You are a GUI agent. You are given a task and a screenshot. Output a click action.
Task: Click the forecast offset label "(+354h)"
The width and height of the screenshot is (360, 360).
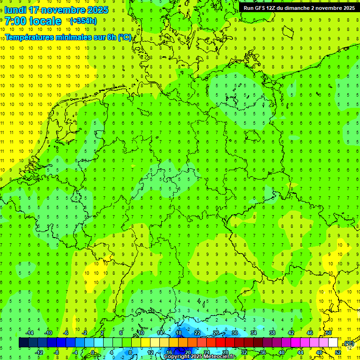click(x=83, y=21)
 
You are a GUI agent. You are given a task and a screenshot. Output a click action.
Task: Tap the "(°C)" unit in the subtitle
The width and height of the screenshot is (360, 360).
click(x=124, y=37)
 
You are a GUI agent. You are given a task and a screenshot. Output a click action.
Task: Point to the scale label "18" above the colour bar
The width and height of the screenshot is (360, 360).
click(x=178, y=333)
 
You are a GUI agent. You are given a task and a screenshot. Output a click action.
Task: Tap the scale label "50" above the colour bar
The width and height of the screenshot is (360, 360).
click(x=329, y=333)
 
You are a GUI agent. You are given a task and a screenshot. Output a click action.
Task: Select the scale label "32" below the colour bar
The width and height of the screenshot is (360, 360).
click(x=244, y=352)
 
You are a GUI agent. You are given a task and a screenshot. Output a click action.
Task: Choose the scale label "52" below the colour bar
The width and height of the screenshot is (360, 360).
click(x=338, y=352)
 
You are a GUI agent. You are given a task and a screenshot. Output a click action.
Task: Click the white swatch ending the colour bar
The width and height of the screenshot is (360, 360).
click(x=333, y=343)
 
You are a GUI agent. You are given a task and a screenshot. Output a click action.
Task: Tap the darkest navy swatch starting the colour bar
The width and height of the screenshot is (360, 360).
click(x=23, y=343)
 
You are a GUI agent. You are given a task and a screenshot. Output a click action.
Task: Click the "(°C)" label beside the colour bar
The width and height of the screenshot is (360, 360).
click(x=349, y=344)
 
